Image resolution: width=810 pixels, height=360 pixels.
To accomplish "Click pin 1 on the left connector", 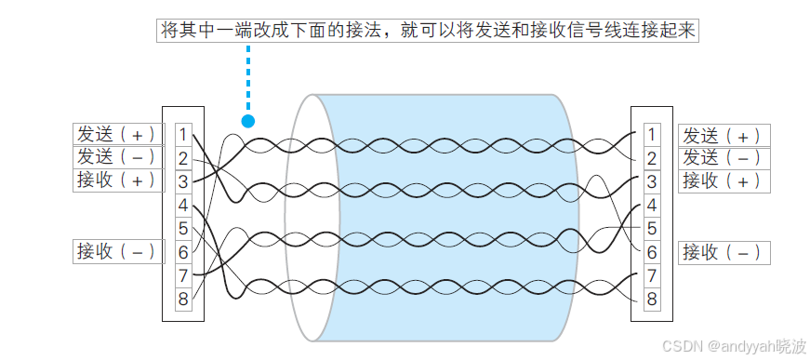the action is pyautogui.click(x=183, y=135).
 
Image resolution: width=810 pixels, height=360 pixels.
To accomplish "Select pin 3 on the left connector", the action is pyautogui.click(x=183, y=181).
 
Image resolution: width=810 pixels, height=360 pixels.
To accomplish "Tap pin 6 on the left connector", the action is pyautogui.click(x=183, y=251).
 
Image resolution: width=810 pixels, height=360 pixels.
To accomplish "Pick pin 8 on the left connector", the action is pyautogui.click(x=183, y=299).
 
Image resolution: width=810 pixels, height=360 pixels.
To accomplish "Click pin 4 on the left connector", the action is pyautogui.click(x=183, y=205).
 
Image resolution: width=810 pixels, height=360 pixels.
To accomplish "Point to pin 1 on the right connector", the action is pyautogui.click(x=652, y=135).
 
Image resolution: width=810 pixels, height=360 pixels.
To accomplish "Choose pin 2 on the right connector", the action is pyautogui.click(x=652, y=158).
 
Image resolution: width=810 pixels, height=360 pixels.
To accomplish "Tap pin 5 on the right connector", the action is pyautogui.click(x=652, y=228).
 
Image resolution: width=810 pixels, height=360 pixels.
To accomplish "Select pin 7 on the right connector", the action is pyautogui.click(x=652, y=275).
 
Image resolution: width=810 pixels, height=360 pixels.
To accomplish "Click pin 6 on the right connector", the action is pyautogui.click(x=652, y=251).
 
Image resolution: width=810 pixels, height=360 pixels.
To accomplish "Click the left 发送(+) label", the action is pyautogui.click(x=117, y=134).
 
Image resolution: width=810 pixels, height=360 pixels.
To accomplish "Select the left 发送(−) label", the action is pyautogui.click(x=117, y=156).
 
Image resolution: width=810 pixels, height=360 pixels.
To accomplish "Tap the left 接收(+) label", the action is pyautogui.click(x=117, y=180).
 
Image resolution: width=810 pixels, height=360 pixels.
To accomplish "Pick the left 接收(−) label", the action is pyautogui.click(x=117, y=250).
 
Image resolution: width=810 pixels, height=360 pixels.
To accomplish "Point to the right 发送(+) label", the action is pyautogui.click(x=724, y=135).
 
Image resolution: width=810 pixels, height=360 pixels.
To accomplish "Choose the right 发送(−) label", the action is pyautogui.click(x=724, y=157).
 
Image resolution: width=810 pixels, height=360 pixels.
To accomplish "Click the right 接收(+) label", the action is pyautogui.click(x=724, y=180).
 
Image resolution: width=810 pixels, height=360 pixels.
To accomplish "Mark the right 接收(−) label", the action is pyautogui.click(x=724, y=251).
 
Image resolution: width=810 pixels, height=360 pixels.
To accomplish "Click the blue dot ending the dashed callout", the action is pyautogui.click(x=247, y=121).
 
